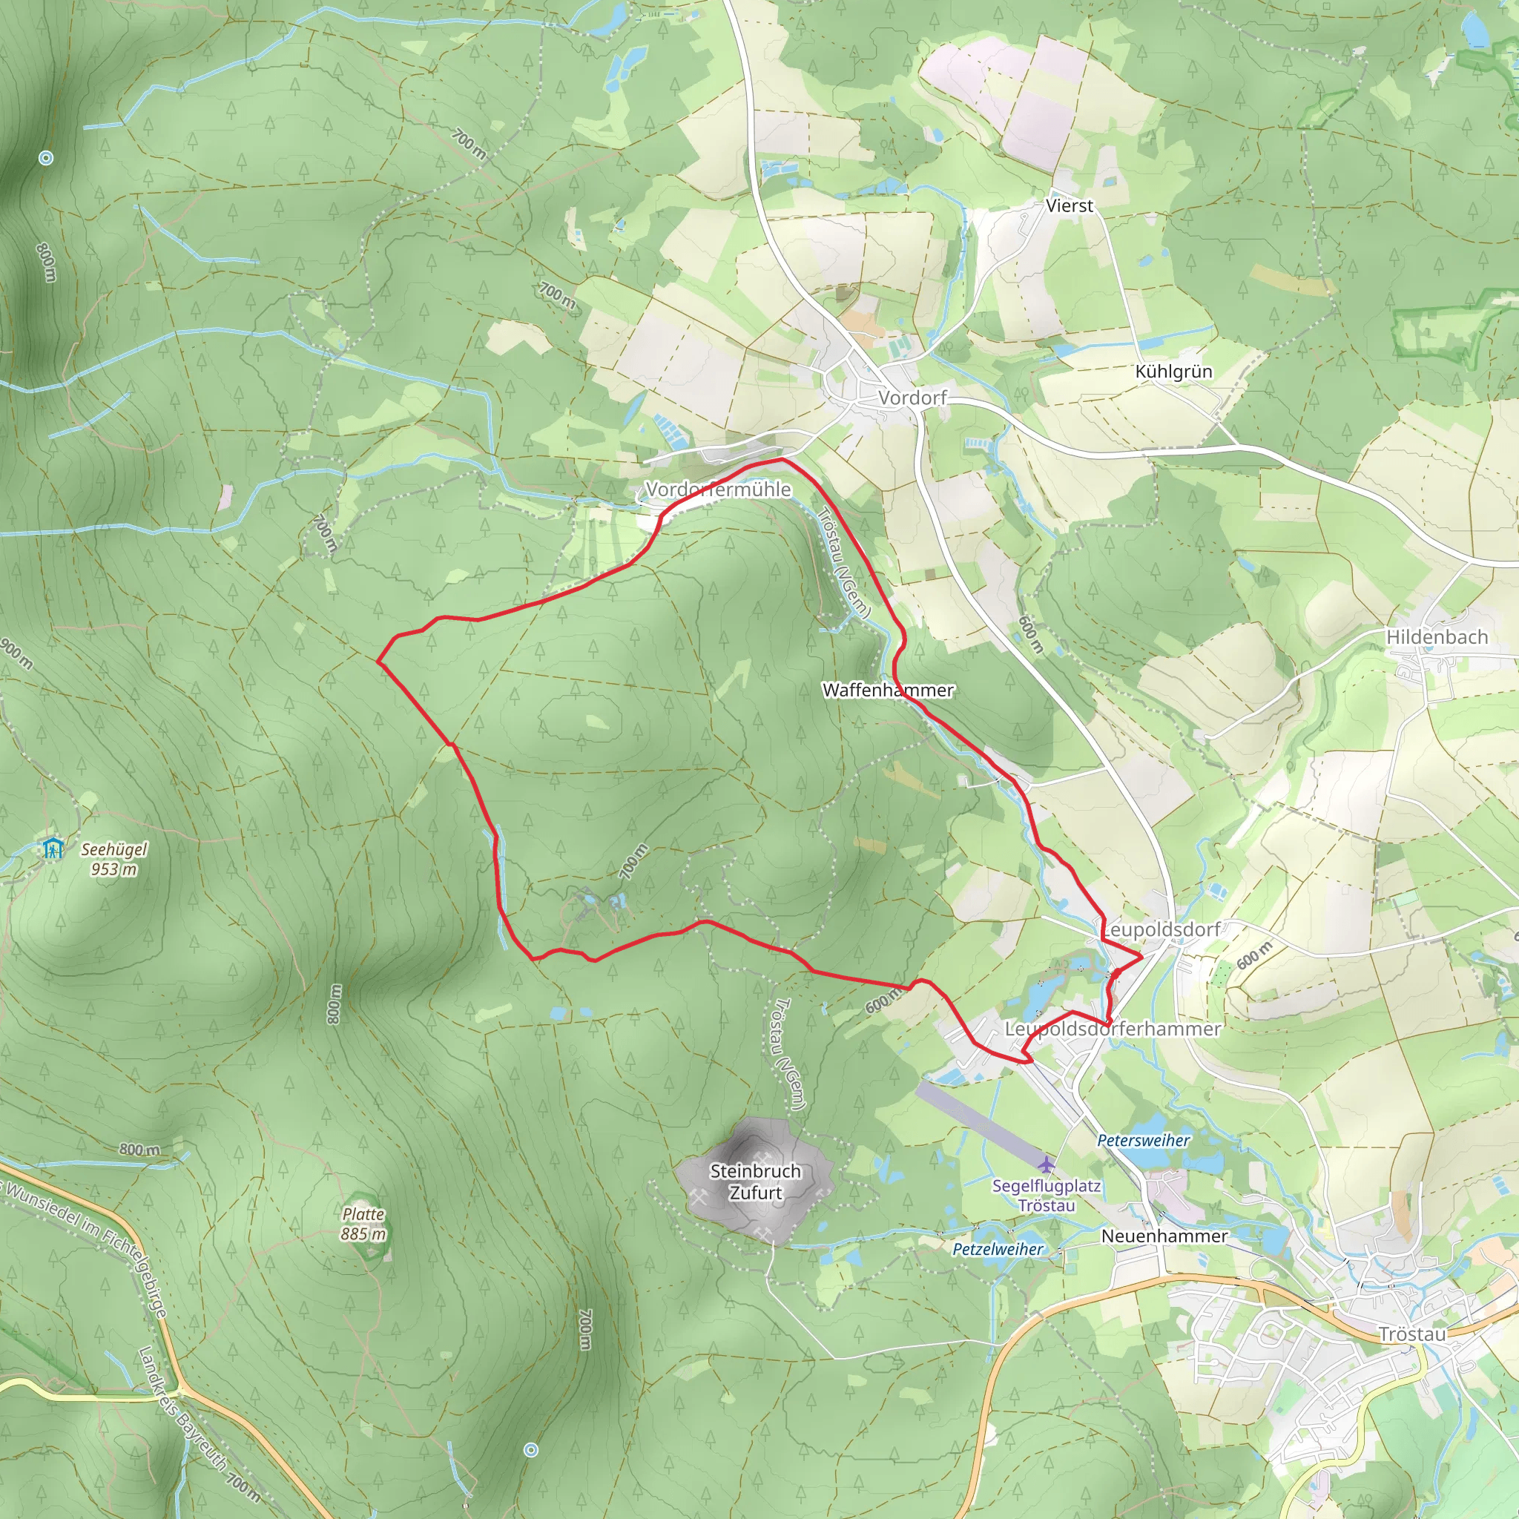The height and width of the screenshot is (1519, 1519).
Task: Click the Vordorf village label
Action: [912, 398]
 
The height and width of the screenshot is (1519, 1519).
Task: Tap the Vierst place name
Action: [1069, 206]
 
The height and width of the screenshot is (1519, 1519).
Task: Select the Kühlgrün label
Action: [1173, 372]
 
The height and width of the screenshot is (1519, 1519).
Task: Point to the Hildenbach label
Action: [1437, 638]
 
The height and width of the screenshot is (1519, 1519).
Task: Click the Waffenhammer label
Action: [888, 691]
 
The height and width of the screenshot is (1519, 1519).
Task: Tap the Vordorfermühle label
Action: [718, 490]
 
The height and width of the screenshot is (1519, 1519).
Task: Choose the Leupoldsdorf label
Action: [1162, 930]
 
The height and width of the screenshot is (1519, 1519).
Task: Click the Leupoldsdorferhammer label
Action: [1113, 1029]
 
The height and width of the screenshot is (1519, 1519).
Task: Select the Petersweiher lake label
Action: [1143, 1141]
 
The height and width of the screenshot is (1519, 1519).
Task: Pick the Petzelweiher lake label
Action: [998, 1249]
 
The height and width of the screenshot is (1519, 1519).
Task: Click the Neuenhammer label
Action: [1164, 1236]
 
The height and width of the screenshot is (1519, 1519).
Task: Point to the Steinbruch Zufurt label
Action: [755, 1182]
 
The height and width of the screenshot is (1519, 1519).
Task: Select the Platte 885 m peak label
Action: [363, 1224]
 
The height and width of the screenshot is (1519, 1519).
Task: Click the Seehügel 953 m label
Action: [114, 860]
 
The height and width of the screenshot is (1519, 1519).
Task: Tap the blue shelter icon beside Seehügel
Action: [53, 849]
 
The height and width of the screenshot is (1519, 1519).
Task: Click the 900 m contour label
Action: [16, 654]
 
